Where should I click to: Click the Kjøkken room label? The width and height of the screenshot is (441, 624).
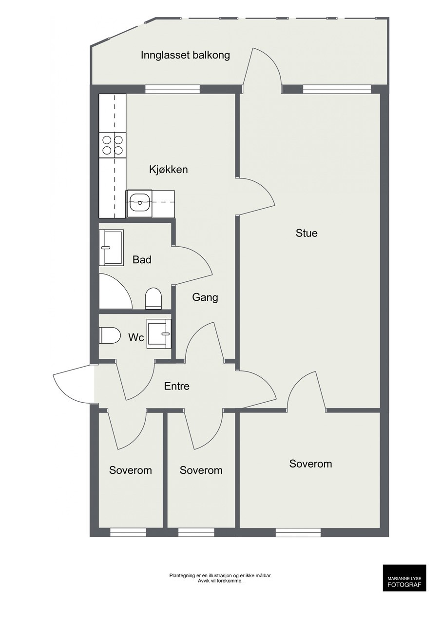click(x=168, y=169)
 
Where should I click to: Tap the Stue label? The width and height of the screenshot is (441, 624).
click(x=306, y=233)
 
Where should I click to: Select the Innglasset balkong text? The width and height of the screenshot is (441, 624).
click(x=185, y=55)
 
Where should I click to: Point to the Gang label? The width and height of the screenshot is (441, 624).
click(x=205, y=297)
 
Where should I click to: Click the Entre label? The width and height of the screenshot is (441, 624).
click(x=176, y=386)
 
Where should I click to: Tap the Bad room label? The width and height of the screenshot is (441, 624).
click(x=142, y=260)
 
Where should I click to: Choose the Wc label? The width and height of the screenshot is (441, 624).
click(x=136, y=338)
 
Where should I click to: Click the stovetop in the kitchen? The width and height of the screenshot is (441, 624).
click(x=113, y=145)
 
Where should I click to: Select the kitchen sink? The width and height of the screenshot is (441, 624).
click(x=139, y=204)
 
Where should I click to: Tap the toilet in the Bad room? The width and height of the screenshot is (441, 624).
click(x=153, y=298)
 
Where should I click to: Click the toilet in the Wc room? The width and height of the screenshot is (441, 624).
click(x=110, y=335)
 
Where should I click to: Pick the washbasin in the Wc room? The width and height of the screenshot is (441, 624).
click(x=159, y=333)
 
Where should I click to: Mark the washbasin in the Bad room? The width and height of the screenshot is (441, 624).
click(x=112, y=248)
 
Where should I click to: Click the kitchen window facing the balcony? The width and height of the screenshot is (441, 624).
click(x=173, y=89)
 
